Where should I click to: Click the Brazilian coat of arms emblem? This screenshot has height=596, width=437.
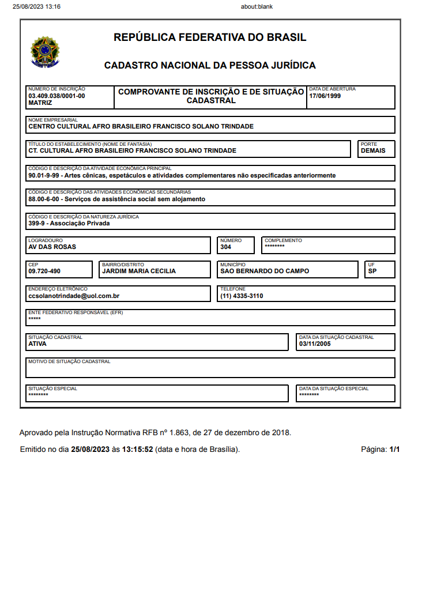tap(45, 52)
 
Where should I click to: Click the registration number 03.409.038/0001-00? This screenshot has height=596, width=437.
tap(56, 96)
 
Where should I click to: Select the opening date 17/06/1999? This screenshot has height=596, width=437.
tap(325, 96)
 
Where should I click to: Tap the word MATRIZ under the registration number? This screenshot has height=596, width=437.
tap(40, 103)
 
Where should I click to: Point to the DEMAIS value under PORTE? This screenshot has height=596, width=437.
tap(373, 151)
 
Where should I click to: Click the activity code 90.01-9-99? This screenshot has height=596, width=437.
tap(45, 175)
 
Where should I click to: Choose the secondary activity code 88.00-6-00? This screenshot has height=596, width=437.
tap(45, 199)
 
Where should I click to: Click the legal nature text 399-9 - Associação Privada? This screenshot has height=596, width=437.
tap(69, 224)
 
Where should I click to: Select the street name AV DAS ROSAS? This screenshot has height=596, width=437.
tap(52, 247)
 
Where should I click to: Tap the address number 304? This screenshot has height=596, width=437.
tap(226, 247)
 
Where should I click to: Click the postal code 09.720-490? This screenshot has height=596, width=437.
tap(44, 271)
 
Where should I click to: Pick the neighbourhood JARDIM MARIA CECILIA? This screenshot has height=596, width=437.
tap(139, 271)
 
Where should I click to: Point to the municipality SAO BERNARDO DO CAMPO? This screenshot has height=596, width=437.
tap(265, 271)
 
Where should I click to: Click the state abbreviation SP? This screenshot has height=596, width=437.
tap(372, 271)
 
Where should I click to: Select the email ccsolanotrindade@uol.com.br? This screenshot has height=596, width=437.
tap(74, 296)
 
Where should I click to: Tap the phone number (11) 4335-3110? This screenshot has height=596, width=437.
tap(242, 296)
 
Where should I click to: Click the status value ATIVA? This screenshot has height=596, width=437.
tap(37, 344)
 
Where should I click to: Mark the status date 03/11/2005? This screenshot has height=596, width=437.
tap(315, 344)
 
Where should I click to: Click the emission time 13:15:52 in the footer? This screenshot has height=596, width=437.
tap(137, 450)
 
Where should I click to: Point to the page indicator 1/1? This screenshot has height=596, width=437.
tap(394, 450)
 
